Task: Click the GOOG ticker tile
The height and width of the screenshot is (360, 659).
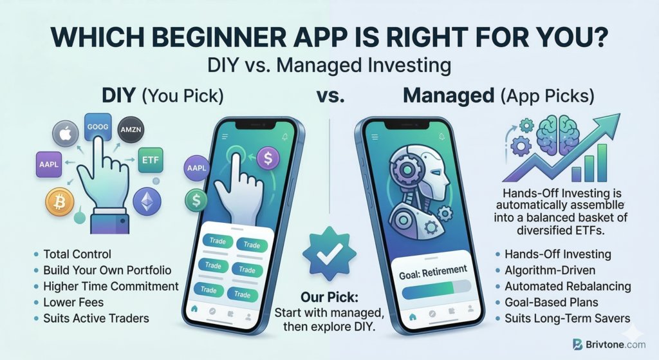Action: (98, 127)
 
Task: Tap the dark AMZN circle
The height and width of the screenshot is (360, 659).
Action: (131, 129)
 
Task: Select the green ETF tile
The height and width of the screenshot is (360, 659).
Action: (151, 160)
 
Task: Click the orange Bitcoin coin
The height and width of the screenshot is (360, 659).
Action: (60, 202)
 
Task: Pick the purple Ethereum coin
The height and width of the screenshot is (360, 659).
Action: (147, 202)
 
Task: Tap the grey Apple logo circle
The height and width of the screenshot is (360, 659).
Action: (65, 134)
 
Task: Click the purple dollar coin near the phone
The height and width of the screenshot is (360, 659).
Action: (268, 158)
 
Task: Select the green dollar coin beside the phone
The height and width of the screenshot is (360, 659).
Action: (196, 200)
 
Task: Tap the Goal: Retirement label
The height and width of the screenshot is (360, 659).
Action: (433, 272)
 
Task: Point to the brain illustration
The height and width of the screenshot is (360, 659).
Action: (558, 135)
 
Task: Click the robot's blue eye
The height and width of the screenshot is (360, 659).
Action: (436, 173)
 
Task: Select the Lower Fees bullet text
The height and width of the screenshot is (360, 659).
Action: (73, 303)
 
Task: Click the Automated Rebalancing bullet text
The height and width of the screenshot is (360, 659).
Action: (568, 287)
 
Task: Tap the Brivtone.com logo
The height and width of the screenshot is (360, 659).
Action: (609, 345)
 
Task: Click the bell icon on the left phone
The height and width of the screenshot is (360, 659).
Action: (285, 137)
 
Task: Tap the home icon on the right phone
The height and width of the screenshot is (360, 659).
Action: (413, 317)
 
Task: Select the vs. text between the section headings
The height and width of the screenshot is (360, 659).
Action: (330, 97)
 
